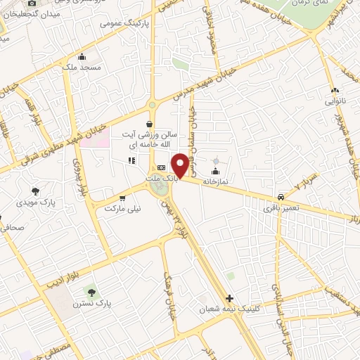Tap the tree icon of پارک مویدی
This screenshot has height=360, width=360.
click(x=35, y=191)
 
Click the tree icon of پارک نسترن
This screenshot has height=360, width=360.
click(x=90, y=290)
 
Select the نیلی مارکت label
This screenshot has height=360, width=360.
click(x=123, y=208)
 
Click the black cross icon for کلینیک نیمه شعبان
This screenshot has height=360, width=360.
click(x=230, y=297)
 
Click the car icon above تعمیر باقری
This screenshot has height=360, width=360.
click(x=281, y=197)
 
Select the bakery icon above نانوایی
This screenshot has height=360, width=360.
click(x=335, y=90)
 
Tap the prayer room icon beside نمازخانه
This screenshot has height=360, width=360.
click(x=215, y=171)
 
